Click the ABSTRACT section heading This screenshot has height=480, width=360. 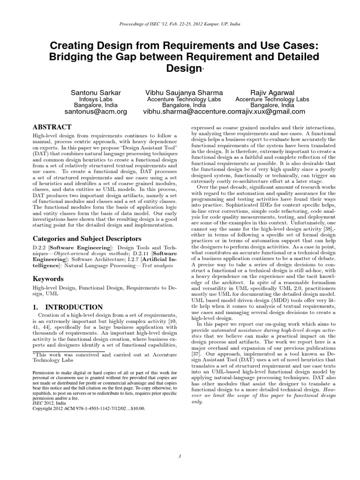pyautogui.click(x=52, y=127)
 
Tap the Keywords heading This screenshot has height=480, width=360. pyautogui.click(x=48, y=279)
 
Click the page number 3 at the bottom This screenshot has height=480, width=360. pyautogui.click(x=180, y=456)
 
